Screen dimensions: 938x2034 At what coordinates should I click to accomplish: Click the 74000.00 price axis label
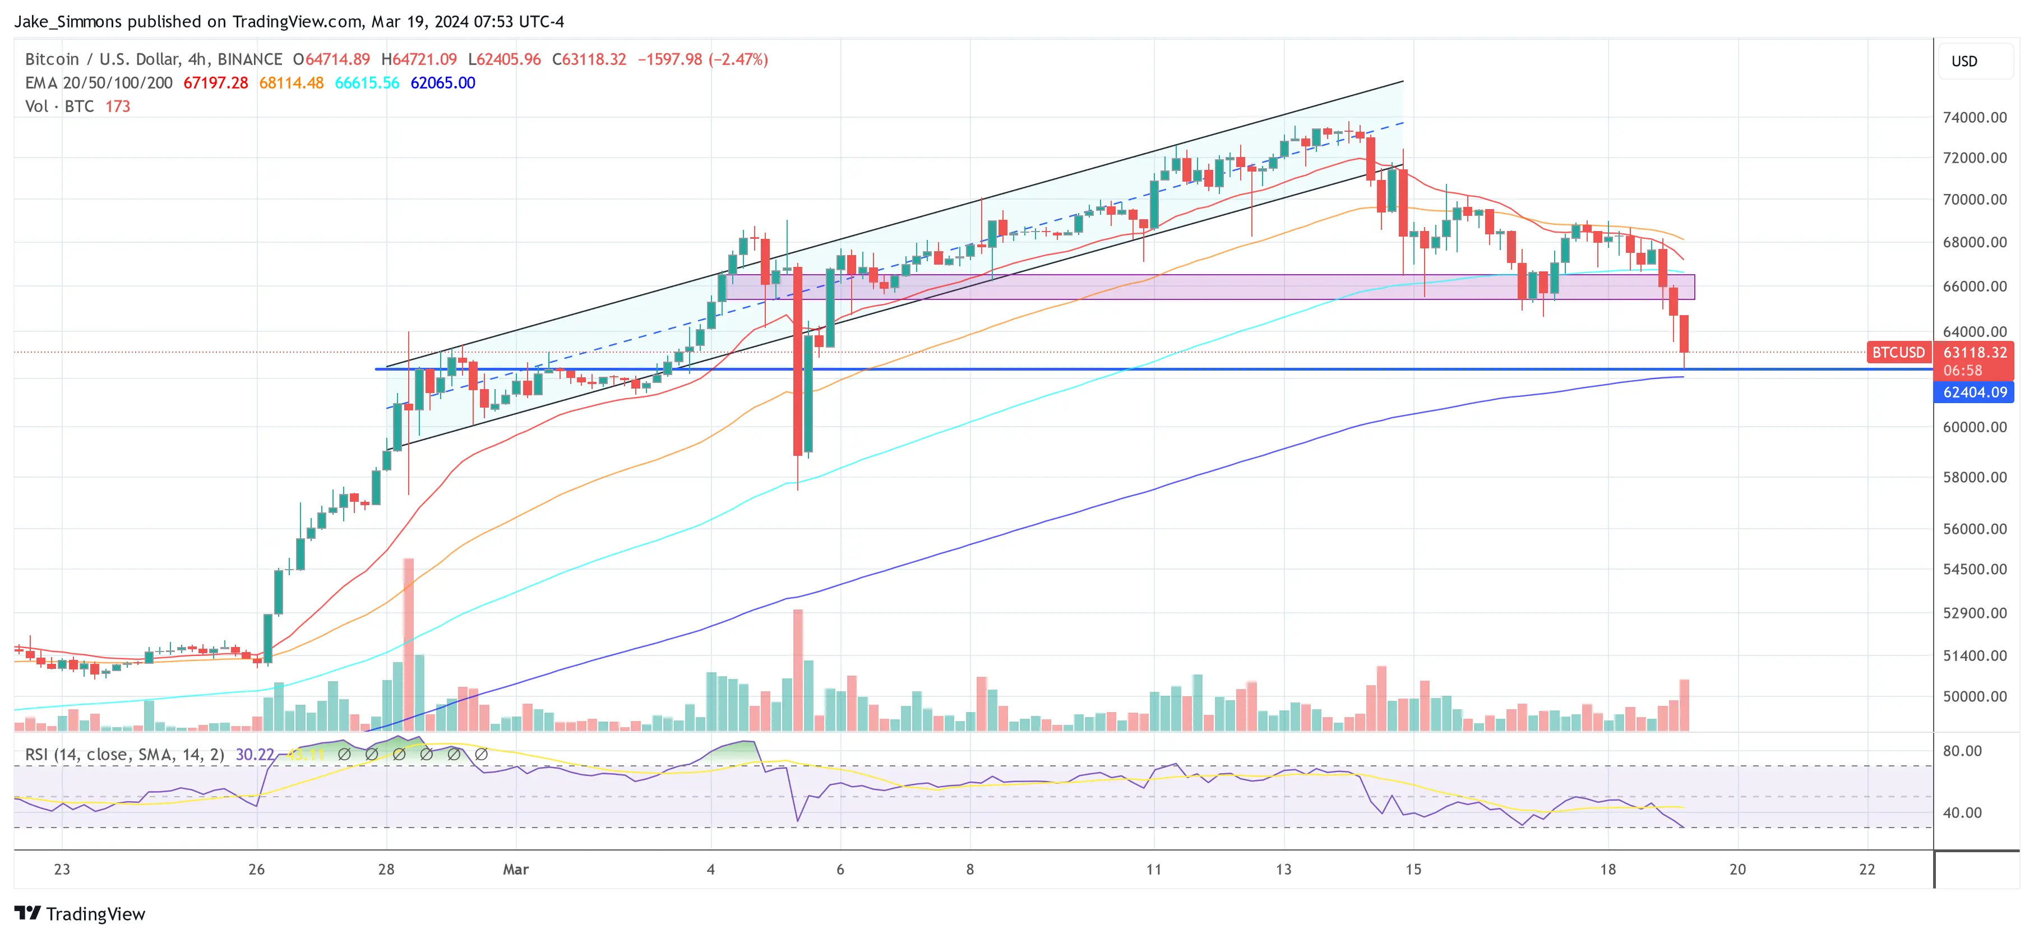tap(1974, 118)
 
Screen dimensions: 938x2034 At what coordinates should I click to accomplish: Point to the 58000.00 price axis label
tap(1974, 477)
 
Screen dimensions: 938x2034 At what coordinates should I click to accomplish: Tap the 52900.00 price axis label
tap(1974, 613)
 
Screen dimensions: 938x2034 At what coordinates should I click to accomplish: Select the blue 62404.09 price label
tap(1974, 392)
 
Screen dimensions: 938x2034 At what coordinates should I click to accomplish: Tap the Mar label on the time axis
tap(516, 869)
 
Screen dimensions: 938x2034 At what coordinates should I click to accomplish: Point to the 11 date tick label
tap(1154, 869)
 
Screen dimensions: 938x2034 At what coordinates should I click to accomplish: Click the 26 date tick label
tap(257, 869)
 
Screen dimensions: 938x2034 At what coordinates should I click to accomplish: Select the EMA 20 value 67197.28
tap(215, 83)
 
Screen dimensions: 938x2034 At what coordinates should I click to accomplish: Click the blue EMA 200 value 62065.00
tap(442, 83)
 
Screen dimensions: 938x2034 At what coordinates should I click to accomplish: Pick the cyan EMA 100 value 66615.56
tap(367, 83)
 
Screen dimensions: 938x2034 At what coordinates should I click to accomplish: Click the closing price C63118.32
tap(589, 59)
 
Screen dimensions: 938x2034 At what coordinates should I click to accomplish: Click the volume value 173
tap(118, 107)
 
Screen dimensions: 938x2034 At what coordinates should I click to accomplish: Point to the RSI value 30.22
tap(255, 755)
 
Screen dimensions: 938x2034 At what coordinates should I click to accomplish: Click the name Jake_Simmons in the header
tap(68, 21)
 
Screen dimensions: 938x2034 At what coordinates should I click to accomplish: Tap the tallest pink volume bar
tap(408, 644)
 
